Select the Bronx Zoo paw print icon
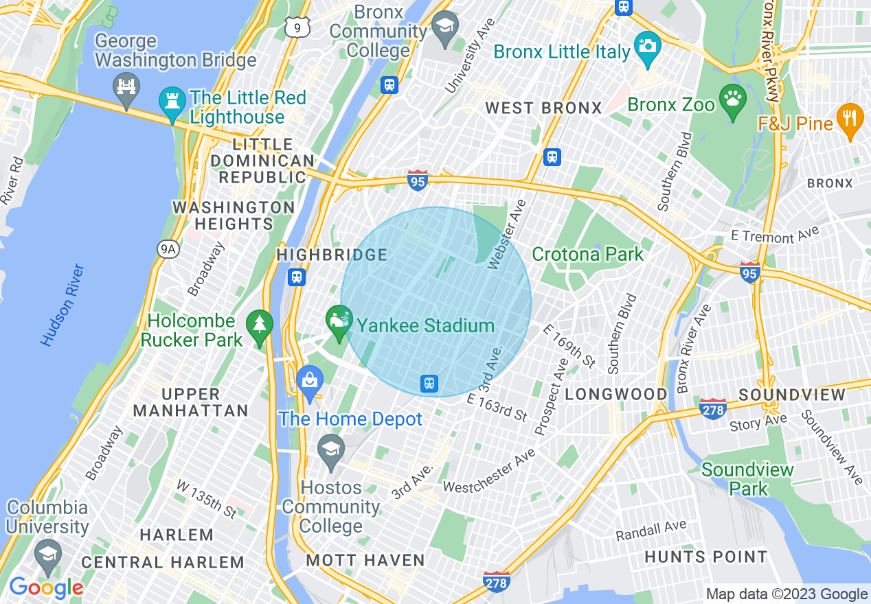coord(732,100)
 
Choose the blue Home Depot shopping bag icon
coord(309,381)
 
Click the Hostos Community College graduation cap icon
coord(331,450)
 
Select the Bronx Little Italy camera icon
coord(647,47)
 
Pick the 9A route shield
coord(167,249)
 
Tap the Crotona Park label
coord(588,254)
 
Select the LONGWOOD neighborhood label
coord(615,394)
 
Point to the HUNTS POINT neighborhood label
coord(705,557)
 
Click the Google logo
coord(46,588)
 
